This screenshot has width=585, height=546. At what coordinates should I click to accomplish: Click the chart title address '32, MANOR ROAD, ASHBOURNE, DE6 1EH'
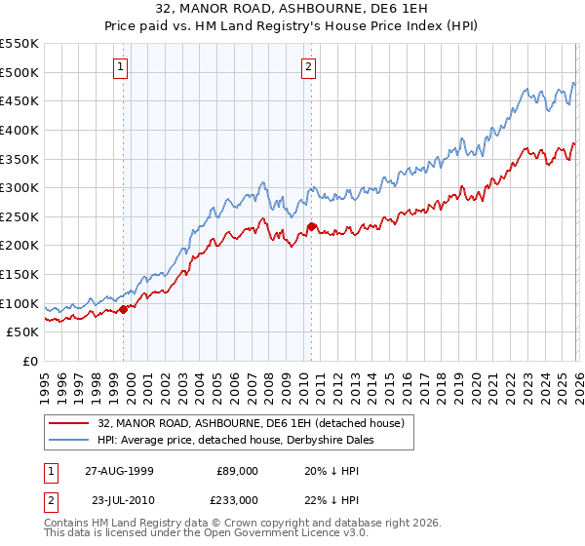(292, 10)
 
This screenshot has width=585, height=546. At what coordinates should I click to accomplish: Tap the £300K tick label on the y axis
(19, 187)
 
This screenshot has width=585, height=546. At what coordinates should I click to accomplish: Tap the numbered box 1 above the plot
(120, 67)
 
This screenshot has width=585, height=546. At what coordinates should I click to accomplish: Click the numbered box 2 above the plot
(308, 67)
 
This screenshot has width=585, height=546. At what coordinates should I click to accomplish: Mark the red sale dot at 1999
(124, 309)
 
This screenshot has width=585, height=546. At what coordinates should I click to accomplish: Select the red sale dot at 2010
(311, 226)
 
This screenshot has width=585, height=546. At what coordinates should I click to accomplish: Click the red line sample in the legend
(69, 423)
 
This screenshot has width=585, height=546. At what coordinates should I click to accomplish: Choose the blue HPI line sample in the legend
(69, 440)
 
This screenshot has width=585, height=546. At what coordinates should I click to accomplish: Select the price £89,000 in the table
(238, 470)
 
